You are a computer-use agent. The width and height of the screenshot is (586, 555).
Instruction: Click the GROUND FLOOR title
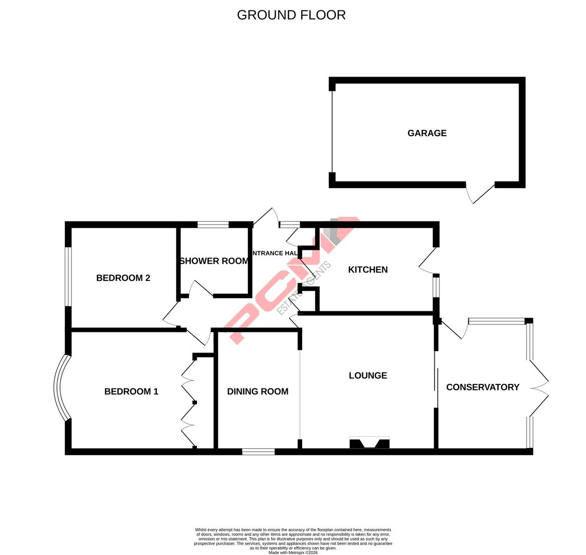click(291, 15)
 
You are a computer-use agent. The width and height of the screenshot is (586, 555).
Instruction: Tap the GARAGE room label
click(427, 133)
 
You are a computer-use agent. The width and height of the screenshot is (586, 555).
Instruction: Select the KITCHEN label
click(368, 270)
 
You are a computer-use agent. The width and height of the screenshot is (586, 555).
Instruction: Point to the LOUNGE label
click(368, 376)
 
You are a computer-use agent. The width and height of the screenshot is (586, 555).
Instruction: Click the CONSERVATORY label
click(482, 387)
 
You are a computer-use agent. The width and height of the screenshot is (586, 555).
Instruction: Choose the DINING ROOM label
click(258, 392)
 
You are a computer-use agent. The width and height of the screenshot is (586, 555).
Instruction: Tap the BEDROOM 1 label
click(131, 392)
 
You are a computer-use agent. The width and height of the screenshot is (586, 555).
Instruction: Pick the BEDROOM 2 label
click(123, 278)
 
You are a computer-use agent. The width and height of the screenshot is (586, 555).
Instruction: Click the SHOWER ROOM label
click(214, 261)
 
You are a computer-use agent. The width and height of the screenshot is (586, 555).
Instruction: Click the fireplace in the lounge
click(369, 442)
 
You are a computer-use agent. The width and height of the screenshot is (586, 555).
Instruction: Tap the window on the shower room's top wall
click(213, 225)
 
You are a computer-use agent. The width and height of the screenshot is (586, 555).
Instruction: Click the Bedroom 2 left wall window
click(68, 276)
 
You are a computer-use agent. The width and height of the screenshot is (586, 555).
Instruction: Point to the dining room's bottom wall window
click(258, 452)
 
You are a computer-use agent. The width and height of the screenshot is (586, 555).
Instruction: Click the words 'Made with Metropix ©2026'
click(293, 552)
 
